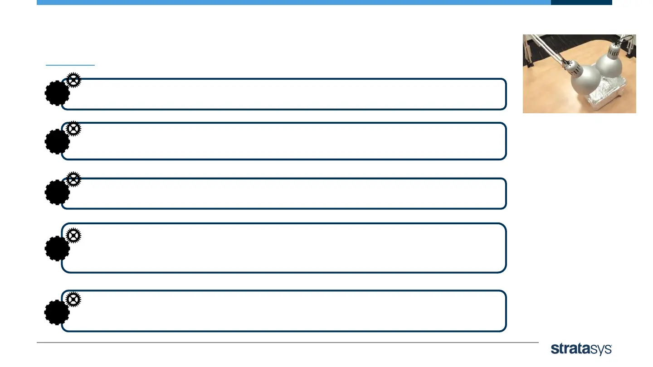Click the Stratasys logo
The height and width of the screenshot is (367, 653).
(x=581, y=349)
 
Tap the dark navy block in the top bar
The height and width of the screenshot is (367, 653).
(x=581, y=2)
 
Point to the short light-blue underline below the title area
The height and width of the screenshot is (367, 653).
(x=70, y=65)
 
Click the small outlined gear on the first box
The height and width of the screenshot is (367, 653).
(x=73, y=80)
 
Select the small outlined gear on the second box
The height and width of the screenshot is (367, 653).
(x=73, y=129)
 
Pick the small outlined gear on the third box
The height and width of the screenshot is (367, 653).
(x=73, y=179)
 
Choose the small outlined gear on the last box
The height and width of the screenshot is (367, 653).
(x=73, y=299)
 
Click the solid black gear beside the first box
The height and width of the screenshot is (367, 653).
(x=57, y=93)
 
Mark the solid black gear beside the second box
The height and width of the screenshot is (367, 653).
(x=57, y=141)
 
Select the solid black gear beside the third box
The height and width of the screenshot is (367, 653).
(x=57, y=192)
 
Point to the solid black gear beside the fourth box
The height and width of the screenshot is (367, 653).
(x=57, y=248)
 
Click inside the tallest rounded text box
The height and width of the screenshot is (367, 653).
(x=283, y=248)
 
